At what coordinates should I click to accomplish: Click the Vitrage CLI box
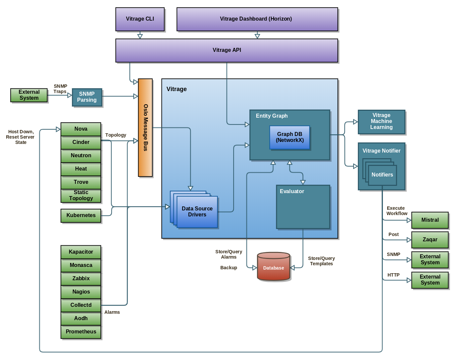tap(140, 19)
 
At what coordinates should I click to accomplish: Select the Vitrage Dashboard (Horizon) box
tap(257, 19)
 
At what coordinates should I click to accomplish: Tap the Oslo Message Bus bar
tap(145, 128)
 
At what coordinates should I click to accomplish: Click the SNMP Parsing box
tap(87, 97)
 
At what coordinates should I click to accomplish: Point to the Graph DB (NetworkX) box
tap(289, 137)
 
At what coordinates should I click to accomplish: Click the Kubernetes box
tap(81, 215)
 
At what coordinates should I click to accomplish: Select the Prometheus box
tap(81, 332)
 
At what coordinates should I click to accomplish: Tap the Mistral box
tap(430, 220)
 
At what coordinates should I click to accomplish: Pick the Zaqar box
tap(430, 240)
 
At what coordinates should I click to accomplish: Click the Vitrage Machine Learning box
tap(381, 122)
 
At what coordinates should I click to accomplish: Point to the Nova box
tap(81, 129)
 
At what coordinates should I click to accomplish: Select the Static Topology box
tap(81, 195)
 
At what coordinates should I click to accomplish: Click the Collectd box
tap(81, 305)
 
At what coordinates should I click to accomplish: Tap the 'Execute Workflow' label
tap(397, 211)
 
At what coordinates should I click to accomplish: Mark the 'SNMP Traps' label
tap(60, 89)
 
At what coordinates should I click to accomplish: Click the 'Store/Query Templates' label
tap(321, 261)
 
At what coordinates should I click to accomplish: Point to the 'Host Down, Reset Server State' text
tap(21, 137)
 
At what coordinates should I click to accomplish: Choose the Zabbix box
tap(81, 279)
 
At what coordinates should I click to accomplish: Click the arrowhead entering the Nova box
tap(58, 129)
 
